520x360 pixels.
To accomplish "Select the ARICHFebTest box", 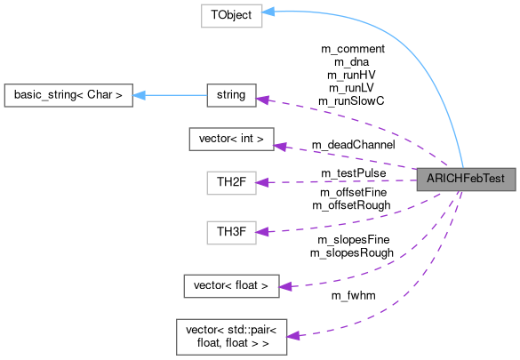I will [x=466, y=179].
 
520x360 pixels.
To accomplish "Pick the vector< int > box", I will [x=231, y=139].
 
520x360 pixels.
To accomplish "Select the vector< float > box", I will [x=231, y=285].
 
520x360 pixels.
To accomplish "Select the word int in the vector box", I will [x=252, y=139].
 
